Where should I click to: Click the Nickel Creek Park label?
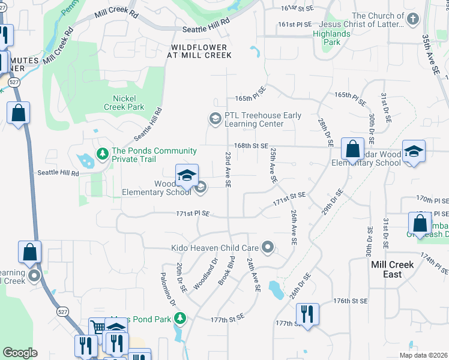[x=128, y=103]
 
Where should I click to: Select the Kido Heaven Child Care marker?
[x=269, y=247]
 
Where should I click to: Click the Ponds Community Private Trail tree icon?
[x=103, y=155]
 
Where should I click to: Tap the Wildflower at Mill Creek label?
[x=201, y=51]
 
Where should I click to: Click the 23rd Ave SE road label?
[x=228, y=170]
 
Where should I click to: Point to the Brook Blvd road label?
[x=226, y=271]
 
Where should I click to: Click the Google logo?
[x=20, y=353]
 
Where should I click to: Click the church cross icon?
[x=412, y=20]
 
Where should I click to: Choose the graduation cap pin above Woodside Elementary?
[x=187, y=175]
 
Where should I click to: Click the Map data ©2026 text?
[x=423, y=355]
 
